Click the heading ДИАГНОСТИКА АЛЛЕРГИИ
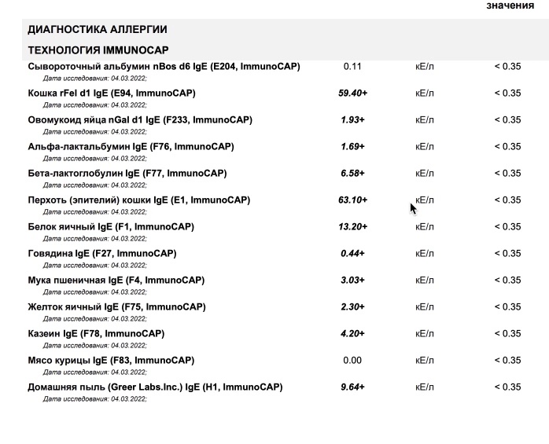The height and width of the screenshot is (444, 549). coord(97,30)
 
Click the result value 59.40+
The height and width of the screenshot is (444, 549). coord(352,93)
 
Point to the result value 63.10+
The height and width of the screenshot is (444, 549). coord(352,200)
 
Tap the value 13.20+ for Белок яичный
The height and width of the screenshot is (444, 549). coord(352,226)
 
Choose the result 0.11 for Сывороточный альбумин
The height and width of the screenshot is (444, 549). coord(352,66)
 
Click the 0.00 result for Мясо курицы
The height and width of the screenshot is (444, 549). coord(352,360)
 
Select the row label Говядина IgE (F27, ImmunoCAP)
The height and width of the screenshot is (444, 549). coord(101,253)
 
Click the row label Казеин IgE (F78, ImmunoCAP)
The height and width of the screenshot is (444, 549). coord(96,333)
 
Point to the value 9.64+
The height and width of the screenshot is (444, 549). coord(352,387)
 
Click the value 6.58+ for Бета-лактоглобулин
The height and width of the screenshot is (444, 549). coord(352,173)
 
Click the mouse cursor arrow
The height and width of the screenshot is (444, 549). coord(413,207)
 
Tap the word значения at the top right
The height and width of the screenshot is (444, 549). coord(510,6)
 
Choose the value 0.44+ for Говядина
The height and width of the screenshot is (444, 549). coord(352,253)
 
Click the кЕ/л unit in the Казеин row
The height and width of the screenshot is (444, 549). coord(424,333)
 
